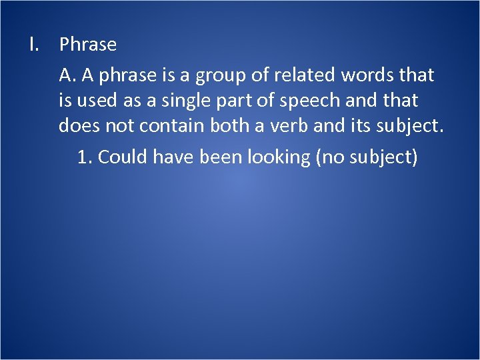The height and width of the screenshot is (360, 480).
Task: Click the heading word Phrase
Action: coord(88,45)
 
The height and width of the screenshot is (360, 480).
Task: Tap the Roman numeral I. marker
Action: coord(35,45)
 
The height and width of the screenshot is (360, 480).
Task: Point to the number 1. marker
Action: coord(85,157)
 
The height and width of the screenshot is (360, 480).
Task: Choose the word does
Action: coord(77,125)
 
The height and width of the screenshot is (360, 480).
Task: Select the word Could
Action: coord(123,157)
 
